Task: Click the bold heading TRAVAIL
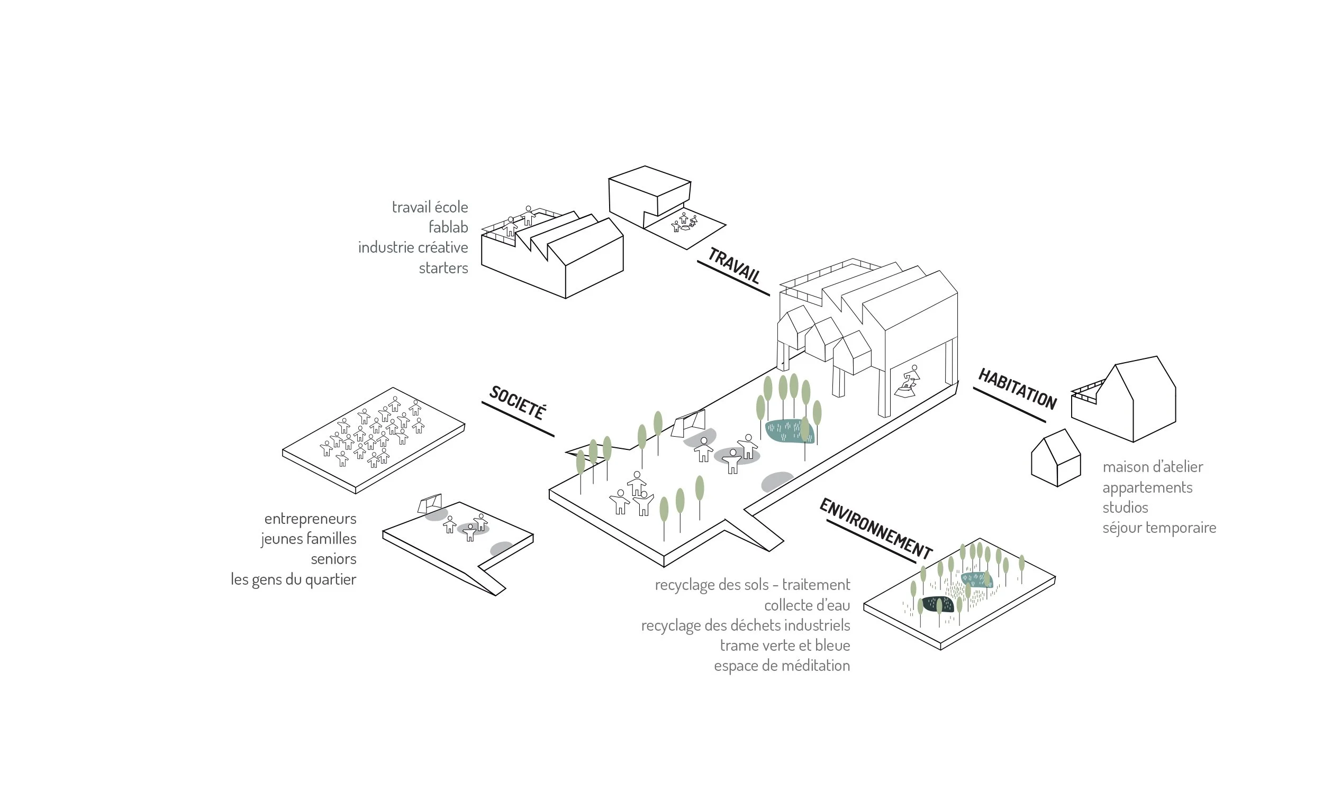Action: point(733,265)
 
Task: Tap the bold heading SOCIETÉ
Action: point(517,402)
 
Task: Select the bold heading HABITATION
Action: point(1017,389)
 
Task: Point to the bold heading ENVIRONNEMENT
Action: point(876,529)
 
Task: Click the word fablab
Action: point(448,227)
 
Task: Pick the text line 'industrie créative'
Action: point(413,247)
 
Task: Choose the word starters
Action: point(443,268)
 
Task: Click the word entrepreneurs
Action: point(310,519)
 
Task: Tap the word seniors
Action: point(334,559)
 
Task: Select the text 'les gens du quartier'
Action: point(294,579)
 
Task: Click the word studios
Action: point(1125,507)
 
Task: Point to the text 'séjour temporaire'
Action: point(1159,528)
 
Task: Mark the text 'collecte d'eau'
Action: point(807,605)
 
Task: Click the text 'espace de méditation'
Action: point(782,666)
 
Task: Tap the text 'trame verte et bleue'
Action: point(785,646)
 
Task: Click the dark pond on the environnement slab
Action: point(937,604)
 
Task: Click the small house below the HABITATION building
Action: point(1056,458)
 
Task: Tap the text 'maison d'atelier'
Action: point(1153,466)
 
